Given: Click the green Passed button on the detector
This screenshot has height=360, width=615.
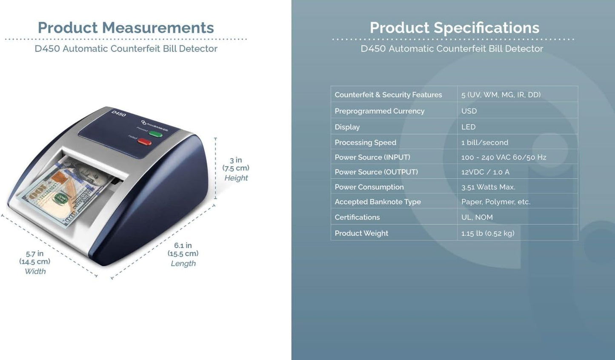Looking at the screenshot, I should [156, 134].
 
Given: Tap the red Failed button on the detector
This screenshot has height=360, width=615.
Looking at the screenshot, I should [145, 142].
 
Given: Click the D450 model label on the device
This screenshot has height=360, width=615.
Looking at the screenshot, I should [119, 114].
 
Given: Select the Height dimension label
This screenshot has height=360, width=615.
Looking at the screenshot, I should [236, 178].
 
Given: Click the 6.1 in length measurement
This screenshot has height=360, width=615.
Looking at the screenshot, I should [183, 246].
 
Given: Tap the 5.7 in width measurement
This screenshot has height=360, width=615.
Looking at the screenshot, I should [34, 254].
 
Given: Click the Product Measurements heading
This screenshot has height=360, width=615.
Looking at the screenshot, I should [126, 28].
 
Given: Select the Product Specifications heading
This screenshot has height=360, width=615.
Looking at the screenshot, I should [454, 28].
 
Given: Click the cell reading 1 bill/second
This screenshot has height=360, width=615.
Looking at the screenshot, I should [484, 143].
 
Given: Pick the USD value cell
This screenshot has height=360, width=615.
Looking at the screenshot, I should [469, 111].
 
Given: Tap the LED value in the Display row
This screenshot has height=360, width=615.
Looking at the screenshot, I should [468, 127].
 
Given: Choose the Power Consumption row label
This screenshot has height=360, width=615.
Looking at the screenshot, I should [369, 187].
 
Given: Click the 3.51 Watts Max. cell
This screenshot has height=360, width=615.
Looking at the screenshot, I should [488, 187].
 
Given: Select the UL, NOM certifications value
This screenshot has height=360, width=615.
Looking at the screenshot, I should [477, 217].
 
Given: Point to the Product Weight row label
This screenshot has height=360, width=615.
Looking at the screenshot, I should [361, 233].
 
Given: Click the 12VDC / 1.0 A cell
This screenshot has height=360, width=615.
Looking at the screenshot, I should [485, 172].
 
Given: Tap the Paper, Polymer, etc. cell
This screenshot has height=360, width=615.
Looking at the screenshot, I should [496, 202].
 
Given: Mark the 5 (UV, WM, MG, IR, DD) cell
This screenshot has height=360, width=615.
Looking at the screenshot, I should [501, 95].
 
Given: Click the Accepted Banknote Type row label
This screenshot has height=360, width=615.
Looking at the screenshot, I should [378, 202].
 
